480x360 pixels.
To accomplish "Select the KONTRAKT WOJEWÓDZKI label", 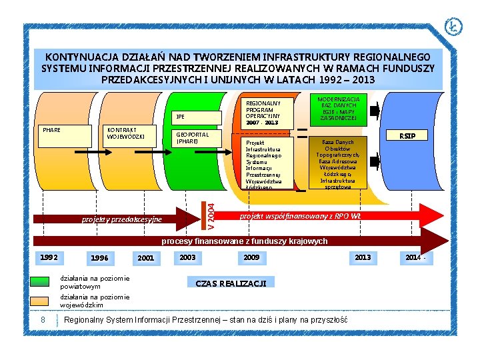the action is [131, 133].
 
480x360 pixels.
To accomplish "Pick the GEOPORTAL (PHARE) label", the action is [192, 137].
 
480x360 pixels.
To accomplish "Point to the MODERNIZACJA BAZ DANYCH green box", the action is [338, 109].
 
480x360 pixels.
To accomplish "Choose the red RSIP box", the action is [407, 136].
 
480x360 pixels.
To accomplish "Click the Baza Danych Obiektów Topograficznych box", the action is [338, 164].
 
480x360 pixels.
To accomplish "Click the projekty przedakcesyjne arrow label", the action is [121, 219].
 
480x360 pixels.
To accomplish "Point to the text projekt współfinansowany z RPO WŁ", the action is [300, 217].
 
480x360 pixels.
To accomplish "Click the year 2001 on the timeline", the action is [145, 258].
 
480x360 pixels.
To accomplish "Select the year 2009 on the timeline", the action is [251, 257].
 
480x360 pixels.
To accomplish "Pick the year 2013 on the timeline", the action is [363, 257].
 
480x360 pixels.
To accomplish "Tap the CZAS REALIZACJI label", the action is [230, 283].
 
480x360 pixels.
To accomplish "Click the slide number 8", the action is [43, 320].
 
